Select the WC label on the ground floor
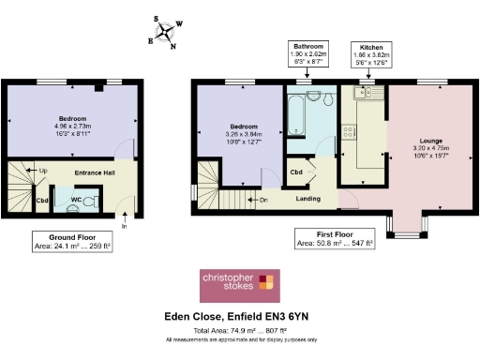(77, 198)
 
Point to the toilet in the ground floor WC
(92, 200)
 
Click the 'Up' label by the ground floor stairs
(41, 170)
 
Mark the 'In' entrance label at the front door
(125, 225)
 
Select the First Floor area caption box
(335, 239)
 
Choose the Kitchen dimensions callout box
(371, 55)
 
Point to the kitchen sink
(362, 96)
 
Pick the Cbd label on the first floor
(295, 172)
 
